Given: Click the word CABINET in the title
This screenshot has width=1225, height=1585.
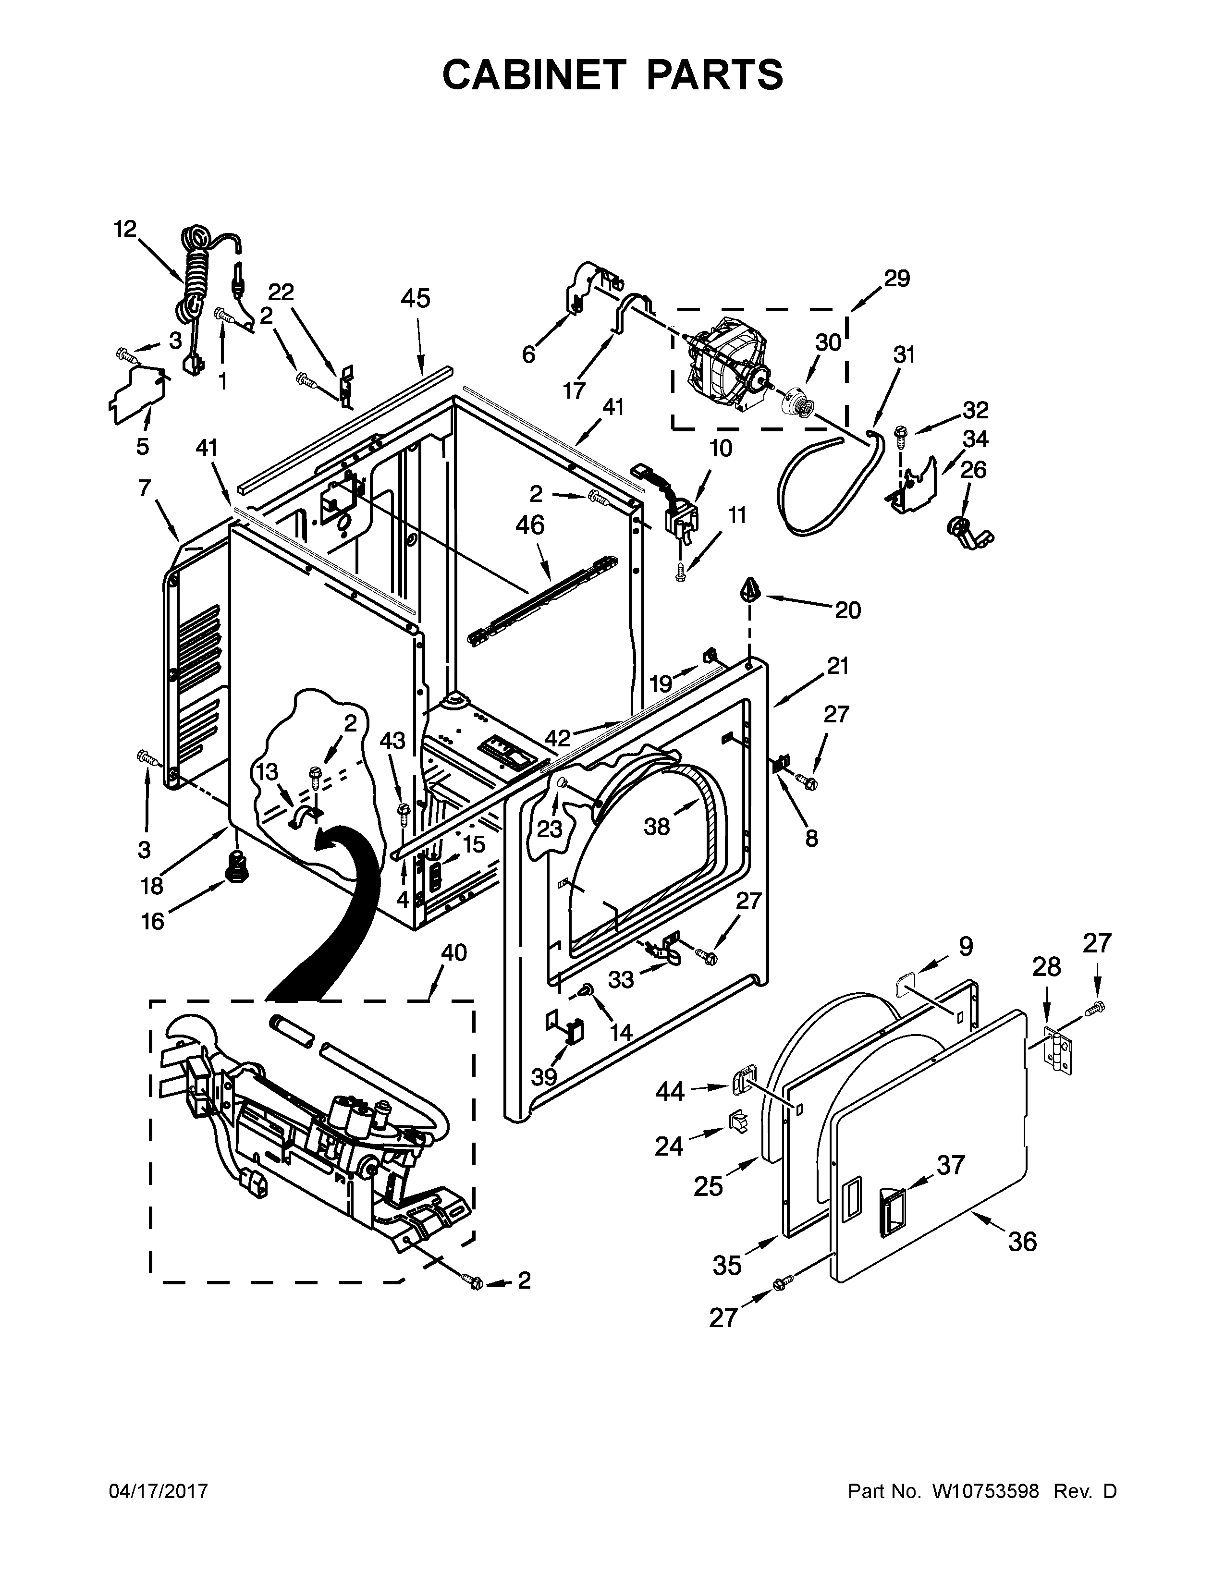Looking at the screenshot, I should pos(533,75).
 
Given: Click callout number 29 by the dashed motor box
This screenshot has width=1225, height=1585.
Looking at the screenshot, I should pos(897,278).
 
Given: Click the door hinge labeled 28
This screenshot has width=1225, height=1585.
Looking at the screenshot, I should pos(1057,1049).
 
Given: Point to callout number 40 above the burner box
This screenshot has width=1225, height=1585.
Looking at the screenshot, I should pos(454,952).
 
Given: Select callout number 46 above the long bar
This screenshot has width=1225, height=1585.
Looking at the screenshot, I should pos(530,524).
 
